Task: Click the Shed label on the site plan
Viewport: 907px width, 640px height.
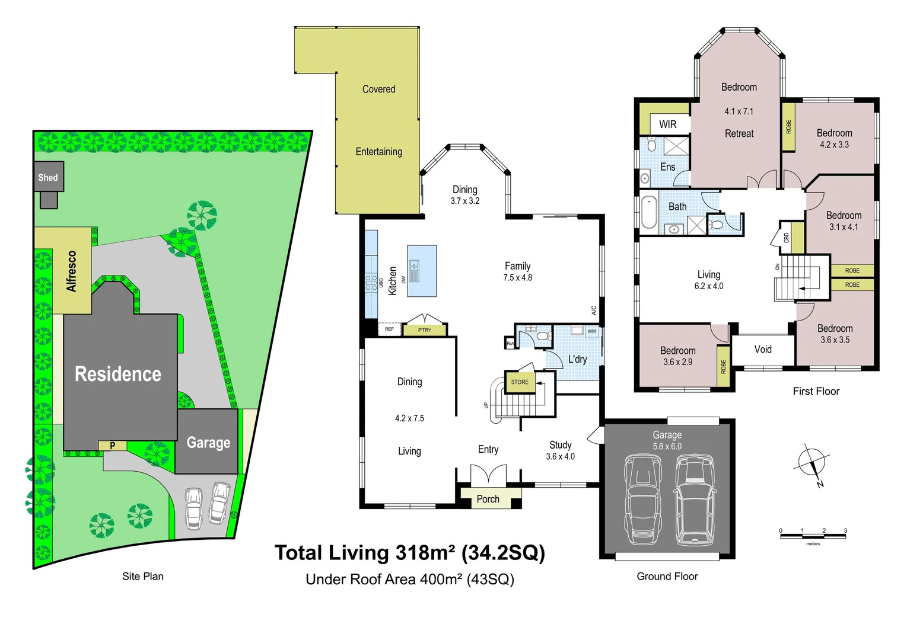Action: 48,178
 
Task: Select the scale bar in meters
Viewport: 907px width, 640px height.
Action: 813,536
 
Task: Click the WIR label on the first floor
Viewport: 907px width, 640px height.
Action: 667,124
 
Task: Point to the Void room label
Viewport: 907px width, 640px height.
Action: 763,350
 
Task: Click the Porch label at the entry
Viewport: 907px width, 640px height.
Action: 488,499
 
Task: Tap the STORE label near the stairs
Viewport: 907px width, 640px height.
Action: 520,382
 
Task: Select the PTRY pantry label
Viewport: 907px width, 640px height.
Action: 425,330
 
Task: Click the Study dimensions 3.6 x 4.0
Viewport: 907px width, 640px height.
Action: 560,456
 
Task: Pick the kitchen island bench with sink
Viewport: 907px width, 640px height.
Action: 422,271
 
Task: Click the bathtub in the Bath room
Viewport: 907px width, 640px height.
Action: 649,212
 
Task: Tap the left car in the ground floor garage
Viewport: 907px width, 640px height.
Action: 642,499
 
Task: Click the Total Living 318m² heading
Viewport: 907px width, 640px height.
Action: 409,553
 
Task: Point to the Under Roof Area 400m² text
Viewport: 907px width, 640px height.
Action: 409,579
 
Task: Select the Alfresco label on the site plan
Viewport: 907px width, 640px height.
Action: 72,271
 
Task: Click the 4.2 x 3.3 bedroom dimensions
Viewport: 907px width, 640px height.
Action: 834,145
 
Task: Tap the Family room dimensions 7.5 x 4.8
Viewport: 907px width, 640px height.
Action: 517,277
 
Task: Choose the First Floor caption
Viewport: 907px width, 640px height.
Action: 816,391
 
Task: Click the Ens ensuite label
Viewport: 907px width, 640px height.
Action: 667,167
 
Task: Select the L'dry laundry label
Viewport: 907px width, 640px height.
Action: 577,359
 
